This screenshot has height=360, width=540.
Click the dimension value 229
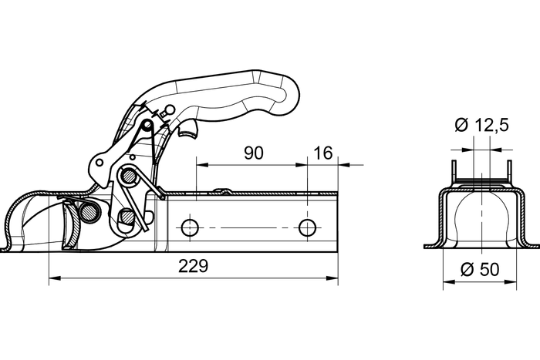coord(193,267)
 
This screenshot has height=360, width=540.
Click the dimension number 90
coord(253,153)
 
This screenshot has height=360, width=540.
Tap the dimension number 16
coord(323,153)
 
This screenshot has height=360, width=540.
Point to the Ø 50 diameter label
coord(479,270)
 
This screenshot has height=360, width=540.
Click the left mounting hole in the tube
coord(188,227)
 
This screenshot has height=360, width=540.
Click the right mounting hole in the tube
coord(307,227)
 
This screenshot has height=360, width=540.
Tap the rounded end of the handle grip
coord(295,91)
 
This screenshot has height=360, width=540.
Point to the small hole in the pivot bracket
coord(98,163)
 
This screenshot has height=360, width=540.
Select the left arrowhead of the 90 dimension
coord(201,164)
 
